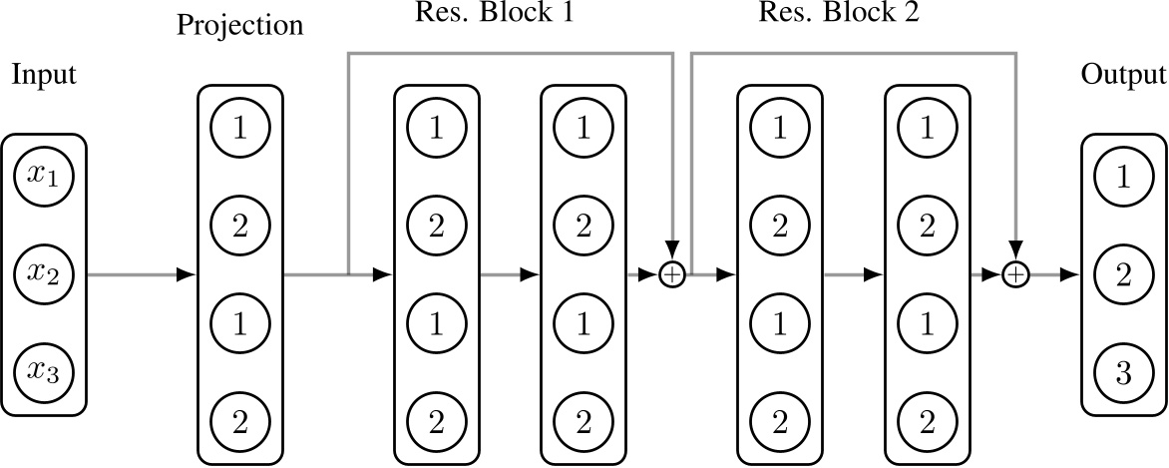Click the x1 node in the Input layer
coord(44,177)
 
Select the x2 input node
coord(44,272)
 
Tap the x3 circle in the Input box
coord(44,371)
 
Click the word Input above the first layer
coord(43,76)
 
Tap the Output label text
coord(1124,76)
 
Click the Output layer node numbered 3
coord(1124,371)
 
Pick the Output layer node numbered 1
coord(1124,177)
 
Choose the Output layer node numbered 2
coord(1124,272)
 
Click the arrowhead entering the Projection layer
coord(186,273)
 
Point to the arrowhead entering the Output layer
coord(1071,273)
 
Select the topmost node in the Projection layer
coord(241,129)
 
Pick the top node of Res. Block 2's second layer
coord(927,129)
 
